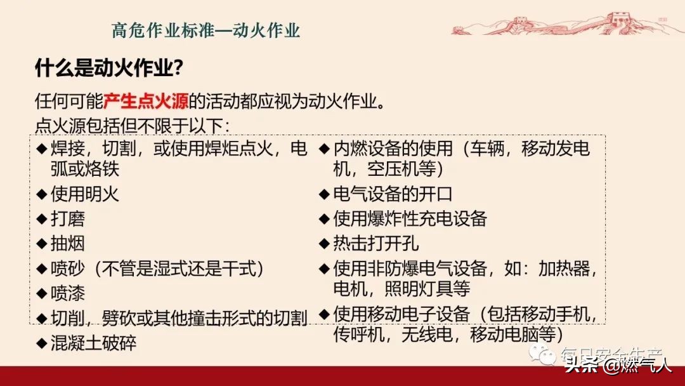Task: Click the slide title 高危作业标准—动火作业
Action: pos(205,30)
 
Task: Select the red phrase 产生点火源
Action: pos(147,101)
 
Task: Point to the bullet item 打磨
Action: pos(68,219)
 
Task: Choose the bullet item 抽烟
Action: pos(68,244)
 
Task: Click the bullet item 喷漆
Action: pos(68,293)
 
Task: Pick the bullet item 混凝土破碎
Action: pos(93,343)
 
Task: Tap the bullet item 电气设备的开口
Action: pos(393,194)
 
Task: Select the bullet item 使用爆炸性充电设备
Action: pos(410,219)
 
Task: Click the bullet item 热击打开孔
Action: pos(376,244)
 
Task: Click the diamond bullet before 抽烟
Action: pos(42,244)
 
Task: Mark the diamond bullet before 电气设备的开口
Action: pos(324,194)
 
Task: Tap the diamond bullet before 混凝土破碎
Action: pos(42,343)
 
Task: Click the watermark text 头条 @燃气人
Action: pos(618,365)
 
